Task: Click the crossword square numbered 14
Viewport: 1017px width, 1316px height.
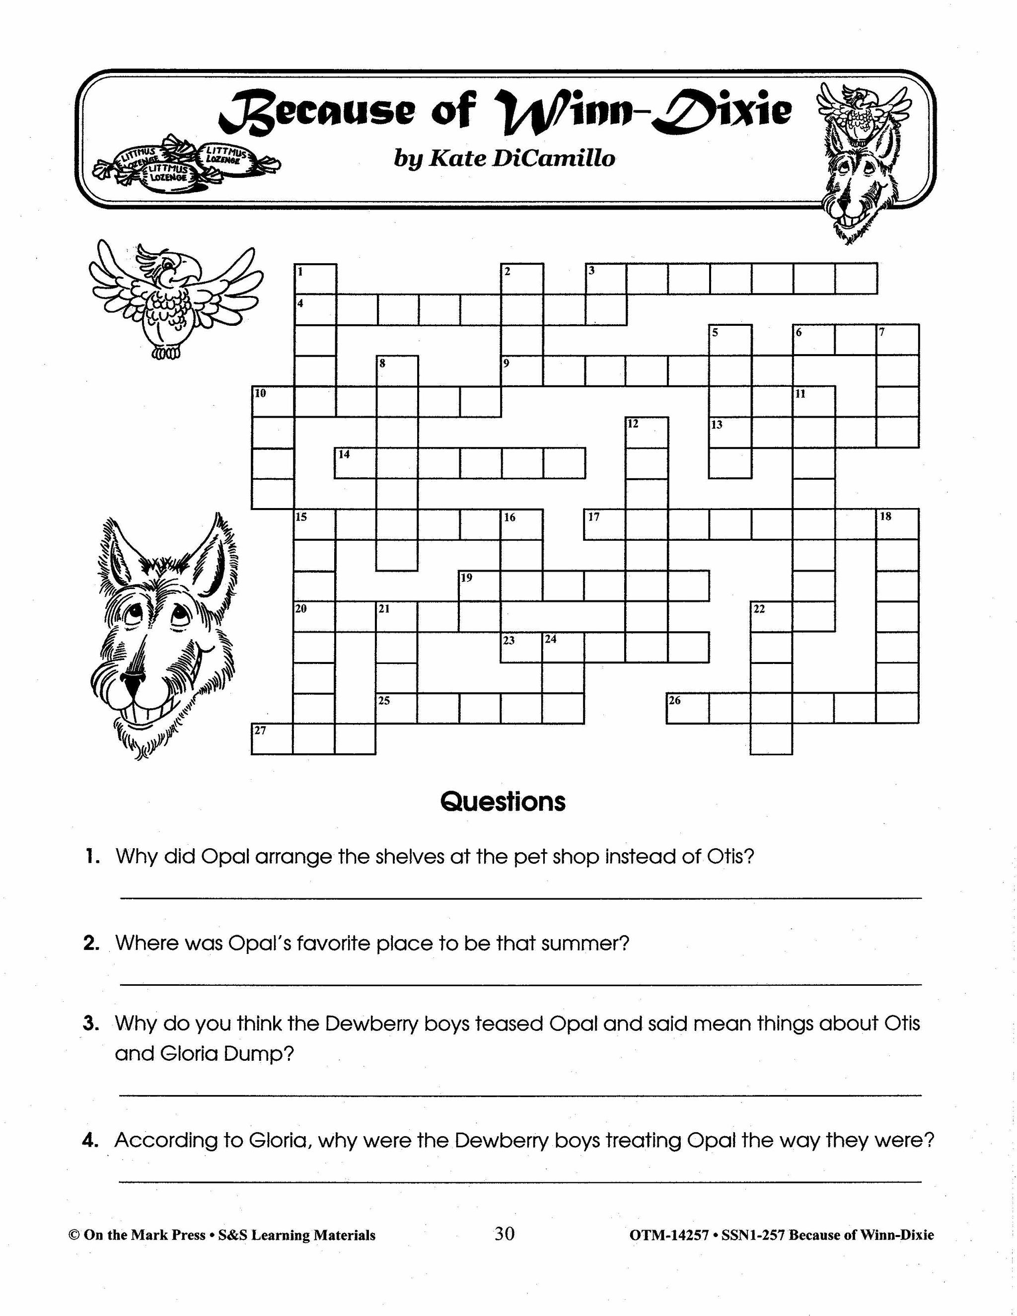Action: point(356,463)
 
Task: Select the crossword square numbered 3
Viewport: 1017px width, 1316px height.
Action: point(606,279)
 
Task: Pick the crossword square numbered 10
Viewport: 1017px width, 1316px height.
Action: point(272,402)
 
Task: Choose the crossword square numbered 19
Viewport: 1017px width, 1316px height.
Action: point(480,585)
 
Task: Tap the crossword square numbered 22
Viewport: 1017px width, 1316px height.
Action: point(771,616)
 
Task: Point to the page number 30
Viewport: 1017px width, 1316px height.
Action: point(505,1234)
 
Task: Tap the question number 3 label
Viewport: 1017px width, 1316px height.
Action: point(91,1023)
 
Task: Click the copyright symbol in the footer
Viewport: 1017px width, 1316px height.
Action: point(74,1235)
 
